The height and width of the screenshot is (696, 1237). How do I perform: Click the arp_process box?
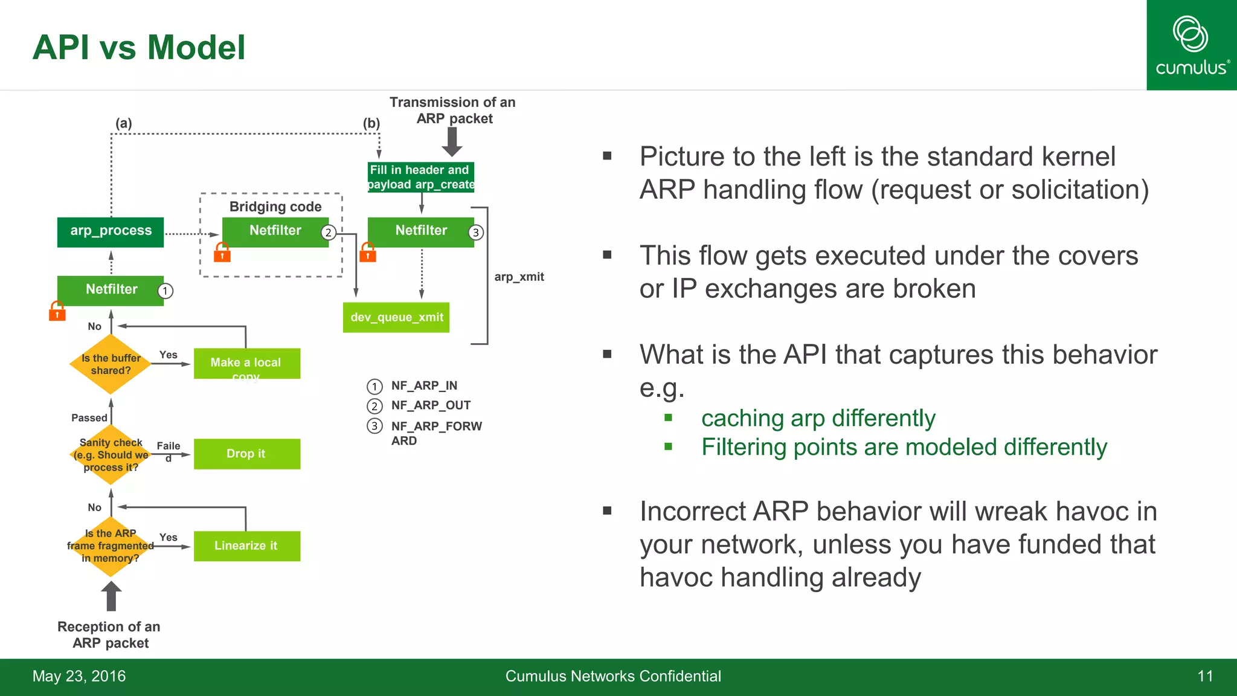[111, 231]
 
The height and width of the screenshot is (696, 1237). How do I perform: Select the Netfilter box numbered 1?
[111, 290]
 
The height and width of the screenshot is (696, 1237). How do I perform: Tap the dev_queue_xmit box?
[396, 317]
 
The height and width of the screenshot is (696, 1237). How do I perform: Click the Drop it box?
[246, 454]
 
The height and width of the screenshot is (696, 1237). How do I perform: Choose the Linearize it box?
[246, 546]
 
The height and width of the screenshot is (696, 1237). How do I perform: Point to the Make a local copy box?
[246, 363]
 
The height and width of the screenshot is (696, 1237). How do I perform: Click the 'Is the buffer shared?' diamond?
[111, 364]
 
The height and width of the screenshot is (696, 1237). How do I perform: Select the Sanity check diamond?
[111, 454]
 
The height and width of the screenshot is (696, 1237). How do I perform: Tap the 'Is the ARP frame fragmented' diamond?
[111, 546]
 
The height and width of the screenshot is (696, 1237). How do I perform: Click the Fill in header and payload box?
[421, 177]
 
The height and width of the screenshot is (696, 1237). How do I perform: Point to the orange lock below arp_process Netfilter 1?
[57, 311]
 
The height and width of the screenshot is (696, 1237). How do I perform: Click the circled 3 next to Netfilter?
[476, 233]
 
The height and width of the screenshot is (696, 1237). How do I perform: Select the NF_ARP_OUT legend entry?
[430, 405]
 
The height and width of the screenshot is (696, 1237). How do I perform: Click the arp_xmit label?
[519, 277]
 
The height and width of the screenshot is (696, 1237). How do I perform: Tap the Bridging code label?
[275, 207]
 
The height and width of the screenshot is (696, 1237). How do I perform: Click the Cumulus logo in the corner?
[1191, 45]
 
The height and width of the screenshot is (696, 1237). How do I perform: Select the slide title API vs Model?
[139, 47]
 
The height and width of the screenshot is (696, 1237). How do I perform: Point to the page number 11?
[1204, 676]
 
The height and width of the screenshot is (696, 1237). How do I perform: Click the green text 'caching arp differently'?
[818, 418]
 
